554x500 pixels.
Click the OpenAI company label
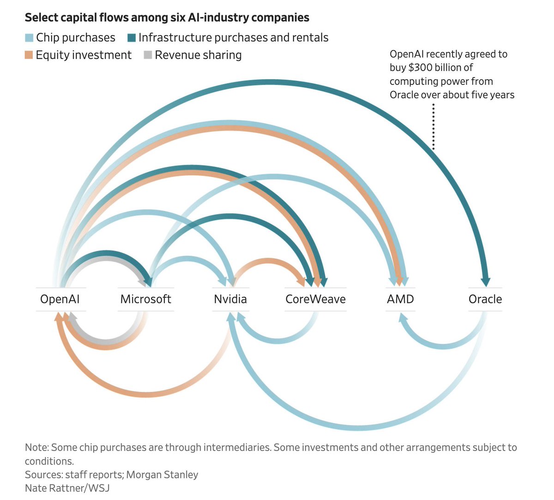coord(60,299)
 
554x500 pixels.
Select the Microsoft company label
coord(145,299)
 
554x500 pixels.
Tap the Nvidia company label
coord(230,299)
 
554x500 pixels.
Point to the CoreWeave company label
coord(315,299)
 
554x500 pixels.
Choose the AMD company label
coord(400,299)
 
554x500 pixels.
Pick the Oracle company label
coord(485,299)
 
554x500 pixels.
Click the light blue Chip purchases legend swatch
coord(29,38)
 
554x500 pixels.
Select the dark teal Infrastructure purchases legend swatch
coord(132,38)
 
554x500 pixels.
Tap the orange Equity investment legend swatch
coord(29,55)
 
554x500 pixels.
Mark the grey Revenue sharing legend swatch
coord(148,55)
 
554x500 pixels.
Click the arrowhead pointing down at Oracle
coord(485,281)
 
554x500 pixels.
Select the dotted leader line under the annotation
coord(434,127)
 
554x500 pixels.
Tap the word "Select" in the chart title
coord(40,18)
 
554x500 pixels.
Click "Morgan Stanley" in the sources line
coord(162,475)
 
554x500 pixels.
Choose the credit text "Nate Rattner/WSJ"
coord(67,488)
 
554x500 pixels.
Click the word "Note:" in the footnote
coord(36,447)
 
